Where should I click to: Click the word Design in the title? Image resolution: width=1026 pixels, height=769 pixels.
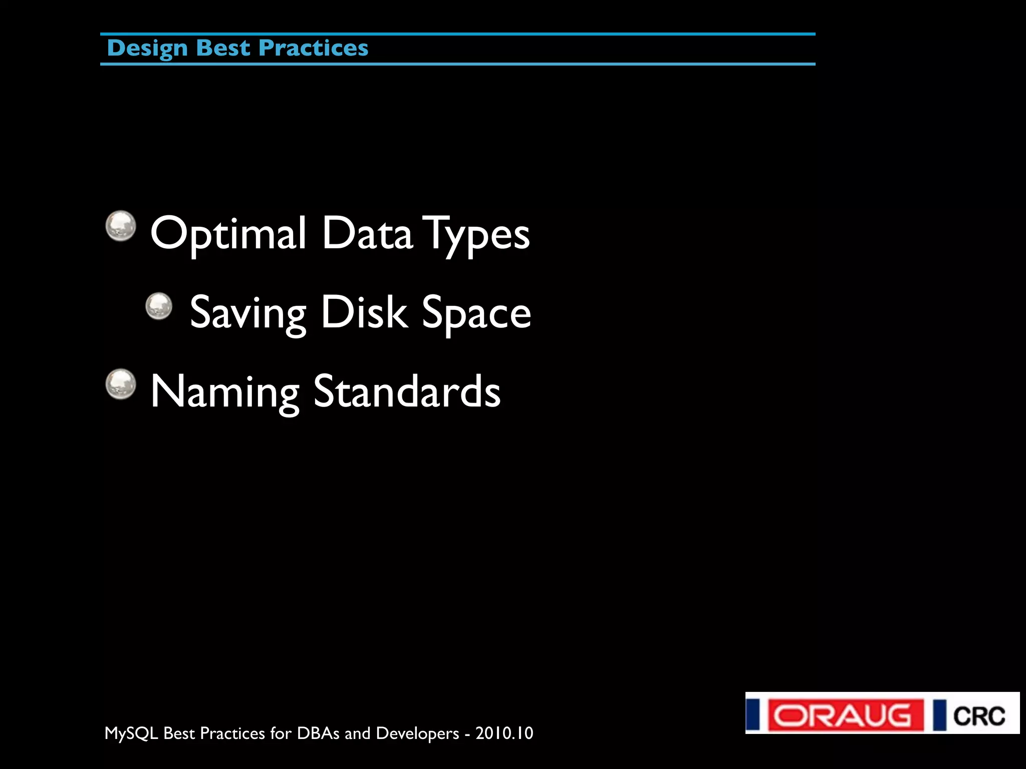[147, 49]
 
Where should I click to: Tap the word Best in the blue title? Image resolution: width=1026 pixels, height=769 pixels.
[223, 48]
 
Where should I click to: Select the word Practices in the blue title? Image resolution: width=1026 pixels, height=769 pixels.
[314, 48]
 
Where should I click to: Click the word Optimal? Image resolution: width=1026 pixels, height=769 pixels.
[228, 233]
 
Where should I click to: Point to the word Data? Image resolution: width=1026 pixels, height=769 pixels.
[367, 233]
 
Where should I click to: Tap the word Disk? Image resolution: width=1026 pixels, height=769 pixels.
[364, 312]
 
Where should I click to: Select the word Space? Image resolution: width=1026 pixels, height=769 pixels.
[476, 313]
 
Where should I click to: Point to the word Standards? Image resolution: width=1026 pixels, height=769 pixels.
[407, 392]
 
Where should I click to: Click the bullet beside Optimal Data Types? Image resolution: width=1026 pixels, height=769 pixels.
[121, 226]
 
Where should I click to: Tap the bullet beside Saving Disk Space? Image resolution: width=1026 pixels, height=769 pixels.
[159, 306]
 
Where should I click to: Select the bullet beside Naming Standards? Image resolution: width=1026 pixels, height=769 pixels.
[121, 384]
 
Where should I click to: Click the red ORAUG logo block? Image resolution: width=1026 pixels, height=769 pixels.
[846, 715]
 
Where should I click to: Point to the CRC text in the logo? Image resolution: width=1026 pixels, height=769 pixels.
[979, 716]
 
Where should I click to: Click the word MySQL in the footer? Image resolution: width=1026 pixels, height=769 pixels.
[131, 733]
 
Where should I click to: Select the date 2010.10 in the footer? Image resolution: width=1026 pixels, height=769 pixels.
[504, 733]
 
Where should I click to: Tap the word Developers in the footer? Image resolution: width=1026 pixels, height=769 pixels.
[417, 733]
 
